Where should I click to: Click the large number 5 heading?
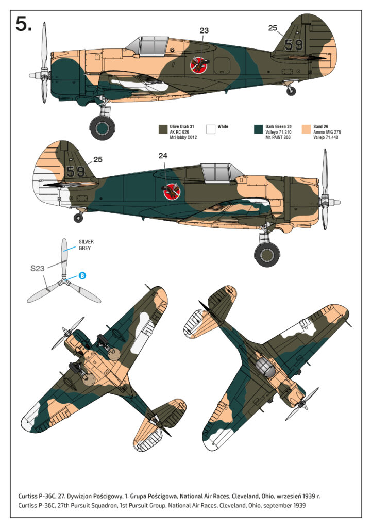pyautogui.click(x=23, y=24)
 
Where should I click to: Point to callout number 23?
pyautogui.click(x=204, y=30)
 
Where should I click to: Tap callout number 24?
pyautogui.click(x=163, y=155)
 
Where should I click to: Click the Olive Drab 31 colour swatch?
pyautogui.click(x=163, y=129)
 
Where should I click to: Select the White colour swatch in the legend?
pyautogui.click(x=210, y=129)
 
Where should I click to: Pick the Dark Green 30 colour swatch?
pyautogui.click(x=258, y=129)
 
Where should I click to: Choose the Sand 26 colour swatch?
pyautogui.click(x=306, y=129)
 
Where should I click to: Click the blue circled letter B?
pyautogui.click(x=81, y=276)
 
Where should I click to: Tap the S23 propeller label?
pyautogui.click(x=38, y=268)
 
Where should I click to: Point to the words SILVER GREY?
pyautogui.click(x=86, y=244)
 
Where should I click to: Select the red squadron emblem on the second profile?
pyautogui.click(x=170, y=192)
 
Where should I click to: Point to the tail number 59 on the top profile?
pyautogui.click(x=294, y=45)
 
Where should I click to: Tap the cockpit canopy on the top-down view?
pyautogui.click(x=264, y=367)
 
